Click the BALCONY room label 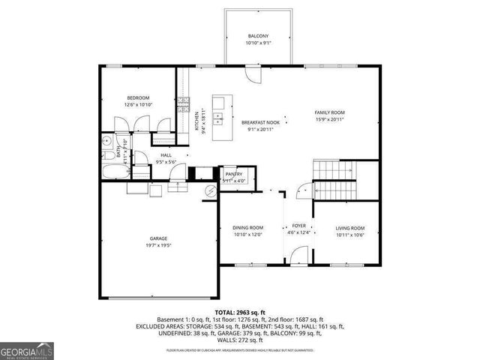[x=258, y=36]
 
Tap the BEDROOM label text [x=138, y=97]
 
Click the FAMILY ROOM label [x=329, y=112]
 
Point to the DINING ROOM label [x=247, y=228]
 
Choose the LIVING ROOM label [x=349, y=228]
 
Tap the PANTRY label [x=234, y=174]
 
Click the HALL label [x=165, y=155]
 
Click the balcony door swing [x=253, y=76]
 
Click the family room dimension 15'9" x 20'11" [x=329, y=119]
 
